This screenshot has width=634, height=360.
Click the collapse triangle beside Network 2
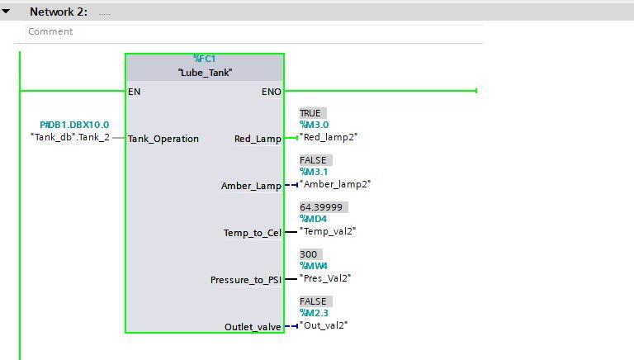click(6, 12)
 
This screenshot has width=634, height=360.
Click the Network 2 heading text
click(59, 12)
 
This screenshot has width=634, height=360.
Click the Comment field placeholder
click(50, 31)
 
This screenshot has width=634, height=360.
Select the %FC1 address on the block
click(205, 59)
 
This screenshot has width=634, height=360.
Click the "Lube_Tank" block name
click(205, 73)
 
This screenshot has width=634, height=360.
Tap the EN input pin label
click(135, 92)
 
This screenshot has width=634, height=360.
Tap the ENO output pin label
click(272, 92)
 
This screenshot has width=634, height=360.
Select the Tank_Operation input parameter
click(163, 139)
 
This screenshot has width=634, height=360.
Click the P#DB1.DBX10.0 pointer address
click(74, 125)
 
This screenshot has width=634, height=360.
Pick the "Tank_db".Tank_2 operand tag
click(70, 137)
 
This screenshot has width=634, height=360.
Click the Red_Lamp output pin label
click(258, 139)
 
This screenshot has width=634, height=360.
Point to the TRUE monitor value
click(310, 113)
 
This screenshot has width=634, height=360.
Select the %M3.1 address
click(315, 172)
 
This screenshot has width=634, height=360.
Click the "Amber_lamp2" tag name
click(335, 184)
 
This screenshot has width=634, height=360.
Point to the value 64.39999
click(321, 207)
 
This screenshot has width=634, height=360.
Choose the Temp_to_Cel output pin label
click(253, 233)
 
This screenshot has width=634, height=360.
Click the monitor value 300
click(309, 254)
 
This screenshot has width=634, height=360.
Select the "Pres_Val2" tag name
click(325, 278)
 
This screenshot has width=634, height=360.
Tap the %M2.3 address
click(315, 313)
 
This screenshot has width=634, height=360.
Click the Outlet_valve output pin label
click(253, 327)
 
